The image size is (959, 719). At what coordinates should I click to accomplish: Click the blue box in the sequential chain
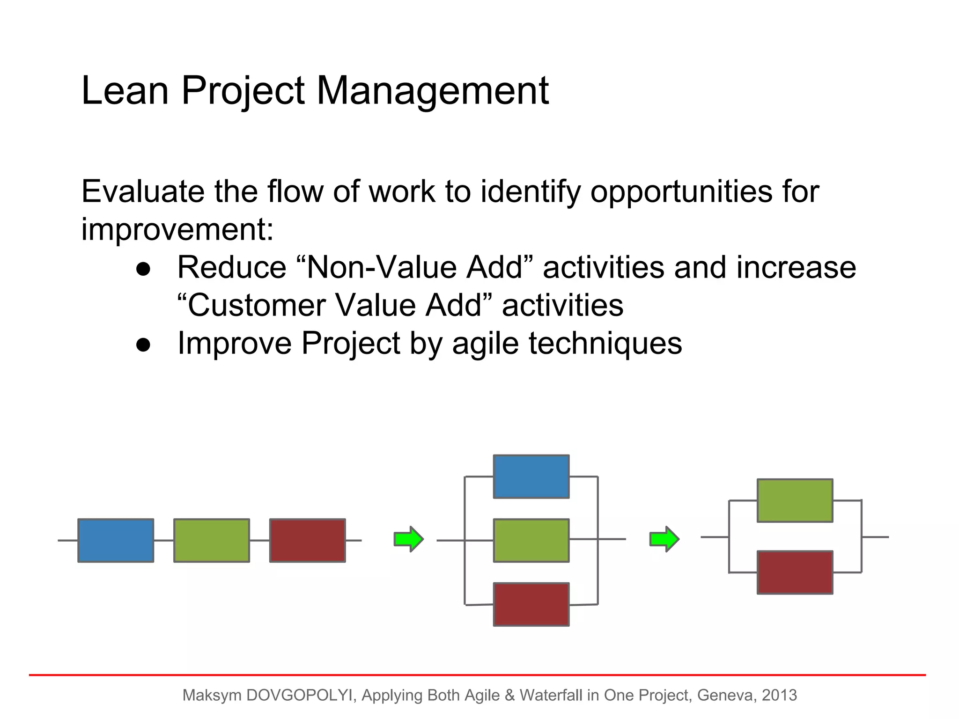(116, 540)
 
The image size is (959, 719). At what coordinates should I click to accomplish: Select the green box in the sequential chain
(212, 540)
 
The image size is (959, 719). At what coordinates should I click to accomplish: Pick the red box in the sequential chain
(308, 540)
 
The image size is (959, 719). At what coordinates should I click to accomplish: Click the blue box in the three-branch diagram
(531, 477)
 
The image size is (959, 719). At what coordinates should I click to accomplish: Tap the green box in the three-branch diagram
(531, 540)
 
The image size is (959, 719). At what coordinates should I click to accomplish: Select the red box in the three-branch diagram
(531, 604)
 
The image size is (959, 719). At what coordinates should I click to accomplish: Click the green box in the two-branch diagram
(795, 500)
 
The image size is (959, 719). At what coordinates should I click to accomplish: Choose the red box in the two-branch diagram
(795, 572)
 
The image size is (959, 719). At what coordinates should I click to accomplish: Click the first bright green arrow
(409, 539)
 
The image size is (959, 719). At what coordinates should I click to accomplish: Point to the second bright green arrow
(664, 539)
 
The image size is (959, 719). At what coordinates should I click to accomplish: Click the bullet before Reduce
(143, 269)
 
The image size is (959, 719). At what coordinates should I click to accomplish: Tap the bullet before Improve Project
(143, 345)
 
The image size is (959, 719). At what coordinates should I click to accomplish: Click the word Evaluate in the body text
(143, 192)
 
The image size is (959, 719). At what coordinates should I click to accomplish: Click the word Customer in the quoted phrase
(257, 306)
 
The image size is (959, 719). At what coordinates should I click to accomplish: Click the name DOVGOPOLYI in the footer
(299, 695)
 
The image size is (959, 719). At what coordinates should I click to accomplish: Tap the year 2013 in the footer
(779, 695)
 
